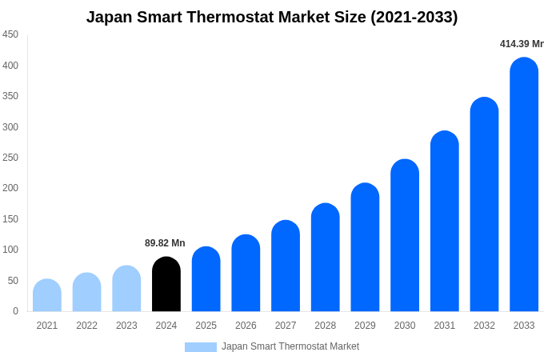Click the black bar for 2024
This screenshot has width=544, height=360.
pos(166,285)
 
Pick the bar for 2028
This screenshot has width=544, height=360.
pos(326,258)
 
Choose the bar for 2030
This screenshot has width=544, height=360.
pos(405,236)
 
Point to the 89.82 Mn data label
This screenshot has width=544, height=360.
pos(165,243)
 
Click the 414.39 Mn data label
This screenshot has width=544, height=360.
pos(521,44)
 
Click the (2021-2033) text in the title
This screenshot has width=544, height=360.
pos(414,17)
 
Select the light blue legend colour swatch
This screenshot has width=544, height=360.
pos(200,347)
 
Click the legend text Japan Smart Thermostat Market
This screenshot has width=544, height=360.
pos(290,346)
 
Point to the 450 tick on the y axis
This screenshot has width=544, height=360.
pos(10,34)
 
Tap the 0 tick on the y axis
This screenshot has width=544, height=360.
pos(15,311)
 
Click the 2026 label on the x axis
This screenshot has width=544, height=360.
pos(246,326)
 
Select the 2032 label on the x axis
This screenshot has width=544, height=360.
pos(484,326)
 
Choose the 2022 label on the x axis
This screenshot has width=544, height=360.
pos(86,326)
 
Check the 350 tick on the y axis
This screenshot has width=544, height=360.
pos(10,96)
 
